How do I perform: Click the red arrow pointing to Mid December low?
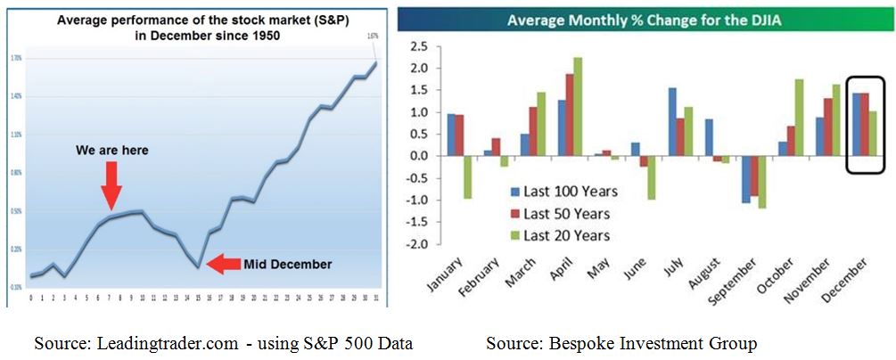point(222,264)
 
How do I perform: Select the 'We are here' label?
point(111,151)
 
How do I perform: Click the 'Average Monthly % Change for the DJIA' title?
point(642,19)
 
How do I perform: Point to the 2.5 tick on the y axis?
point(418,46)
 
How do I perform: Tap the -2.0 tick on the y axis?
point(416,244)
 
